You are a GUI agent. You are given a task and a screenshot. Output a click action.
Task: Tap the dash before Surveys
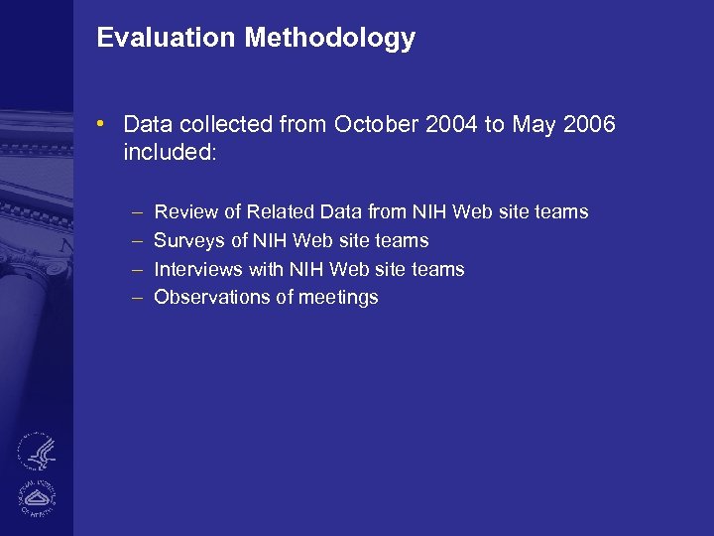tap(135, 241)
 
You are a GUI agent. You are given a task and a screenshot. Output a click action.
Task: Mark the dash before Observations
tap(135, 298)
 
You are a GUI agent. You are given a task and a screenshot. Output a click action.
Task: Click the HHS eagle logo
tap(38, 453)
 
